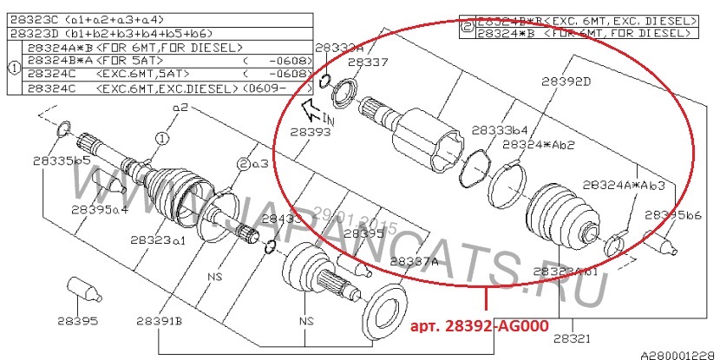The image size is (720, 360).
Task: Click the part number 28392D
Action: coord(566,82)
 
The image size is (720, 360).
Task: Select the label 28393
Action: coord(310,133)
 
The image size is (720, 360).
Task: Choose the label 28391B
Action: coord(158,322)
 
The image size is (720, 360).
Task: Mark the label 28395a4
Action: coord(100,209)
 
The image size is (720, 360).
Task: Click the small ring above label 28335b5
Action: coord(62,130)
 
